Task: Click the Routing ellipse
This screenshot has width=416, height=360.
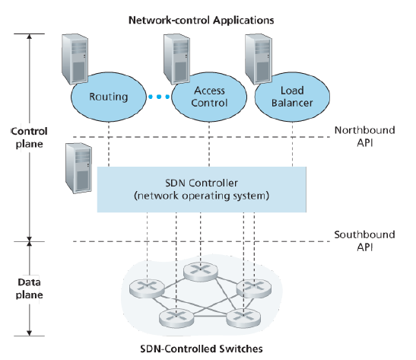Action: click(109, 97)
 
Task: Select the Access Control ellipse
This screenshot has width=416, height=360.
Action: click(209, 97)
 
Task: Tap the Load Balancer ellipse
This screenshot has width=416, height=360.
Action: click(292, 97)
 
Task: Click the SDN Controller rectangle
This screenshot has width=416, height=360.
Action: click(202, 190)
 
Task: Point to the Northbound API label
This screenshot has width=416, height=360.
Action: click(364, 136)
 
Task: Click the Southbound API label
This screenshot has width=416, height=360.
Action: click(364, 241)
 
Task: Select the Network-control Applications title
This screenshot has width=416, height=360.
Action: click(201, 21)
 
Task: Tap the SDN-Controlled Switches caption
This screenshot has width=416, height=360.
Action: click(202, 349)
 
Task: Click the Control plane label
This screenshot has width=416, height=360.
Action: click(29, 138)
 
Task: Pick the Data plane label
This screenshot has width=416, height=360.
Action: click(29, 288)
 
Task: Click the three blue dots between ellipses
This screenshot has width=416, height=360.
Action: click(159, 97)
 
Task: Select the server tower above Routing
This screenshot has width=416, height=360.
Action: click(75, 59)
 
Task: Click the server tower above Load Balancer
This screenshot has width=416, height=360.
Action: click(259, 59)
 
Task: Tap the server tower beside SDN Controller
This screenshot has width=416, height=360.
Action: click(79, 168)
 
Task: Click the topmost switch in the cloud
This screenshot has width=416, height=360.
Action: click(201, 272)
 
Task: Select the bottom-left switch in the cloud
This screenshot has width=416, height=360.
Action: click(176, 318)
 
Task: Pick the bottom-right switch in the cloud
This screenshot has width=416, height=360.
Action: click(243, 318)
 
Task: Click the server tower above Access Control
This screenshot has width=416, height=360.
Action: click(176, 59)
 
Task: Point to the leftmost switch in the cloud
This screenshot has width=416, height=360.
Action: click(147, 288)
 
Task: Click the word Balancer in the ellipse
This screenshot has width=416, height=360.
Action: click(292, 103)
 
